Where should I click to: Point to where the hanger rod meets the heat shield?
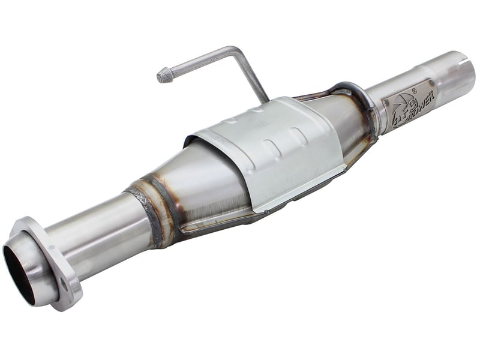tap(265, 99)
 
